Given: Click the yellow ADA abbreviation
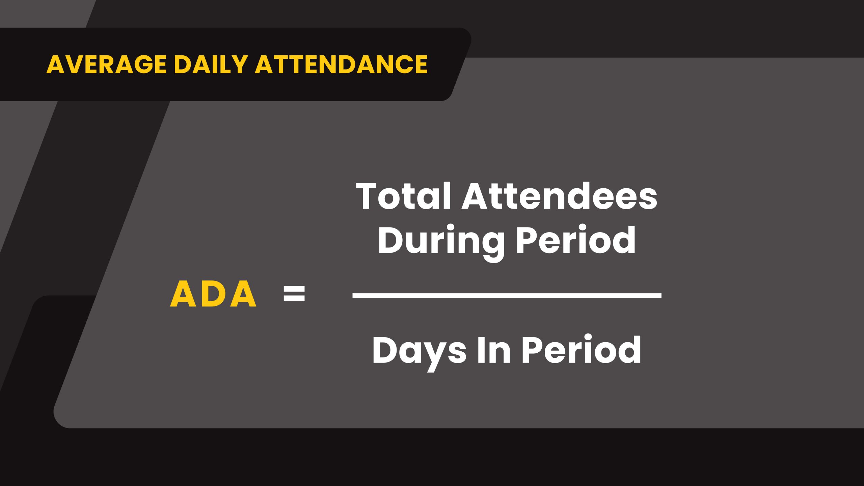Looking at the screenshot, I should (x=213, y=294).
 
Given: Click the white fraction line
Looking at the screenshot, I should (x=507, y=296).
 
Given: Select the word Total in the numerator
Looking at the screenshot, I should (x=404, y=196).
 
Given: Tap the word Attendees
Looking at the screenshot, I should (x=559, y=196).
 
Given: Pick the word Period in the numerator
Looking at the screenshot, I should (x=576, y=240).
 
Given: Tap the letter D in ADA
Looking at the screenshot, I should (x=213, y=294).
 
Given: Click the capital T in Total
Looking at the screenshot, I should (x=366, y=196).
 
